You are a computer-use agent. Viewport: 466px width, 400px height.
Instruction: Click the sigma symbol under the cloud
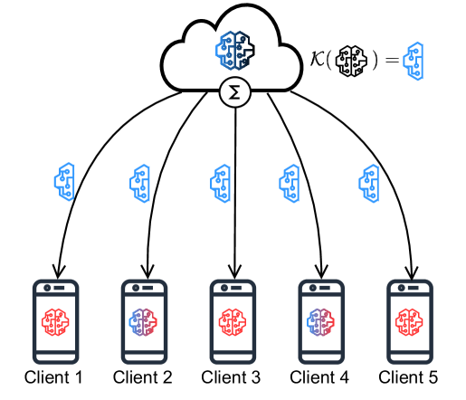click(234, 92)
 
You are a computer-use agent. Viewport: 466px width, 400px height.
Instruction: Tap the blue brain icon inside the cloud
click(235, 50)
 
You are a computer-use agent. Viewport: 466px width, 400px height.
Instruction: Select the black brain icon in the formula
click(351, 61)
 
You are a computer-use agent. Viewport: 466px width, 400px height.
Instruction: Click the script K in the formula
click(318, 58)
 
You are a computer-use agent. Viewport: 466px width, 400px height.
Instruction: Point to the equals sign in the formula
click(392, 61)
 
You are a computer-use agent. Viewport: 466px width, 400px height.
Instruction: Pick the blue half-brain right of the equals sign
click(414, 61)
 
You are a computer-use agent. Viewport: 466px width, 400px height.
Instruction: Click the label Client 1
click(53, 377)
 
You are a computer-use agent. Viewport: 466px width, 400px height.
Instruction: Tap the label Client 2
click(142, 377)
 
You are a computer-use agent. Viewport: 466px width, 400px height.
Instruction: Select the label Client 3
click(231, 377)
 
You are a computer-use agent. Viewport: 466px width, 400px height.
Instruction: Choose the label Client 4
click(319, 377)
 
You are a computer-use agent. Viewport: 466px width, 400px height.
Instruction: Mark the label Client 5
click(408, 377)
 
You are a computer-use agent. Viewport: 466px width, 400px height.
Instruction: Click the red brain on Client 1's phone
click(55, 322)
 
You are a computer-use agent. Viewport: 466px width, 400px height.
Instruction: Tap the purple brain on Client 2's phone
click(143, 322)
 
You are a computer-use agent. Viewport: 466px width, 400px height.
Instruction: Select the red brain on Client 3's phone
click(233, 322)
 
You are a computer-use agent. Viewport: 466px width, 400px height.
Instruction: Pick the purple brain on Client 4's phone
click(320, 322)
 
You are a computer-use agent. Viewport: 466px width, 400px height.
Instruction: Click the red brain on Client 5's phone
click(409, 322)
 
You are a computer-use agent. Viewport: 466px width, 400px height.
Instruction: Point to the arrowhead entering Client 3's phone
click(234, 272)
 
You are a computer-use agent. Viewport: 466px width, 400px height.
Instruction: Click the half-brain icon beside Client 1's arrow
click(64, 182)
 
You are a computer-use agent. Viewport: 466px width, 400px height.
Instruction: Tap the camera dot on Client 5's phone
click(401, 288)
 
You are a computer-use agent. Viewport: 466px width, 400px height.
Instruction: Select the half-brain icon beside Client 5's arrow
click(369, 184)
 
